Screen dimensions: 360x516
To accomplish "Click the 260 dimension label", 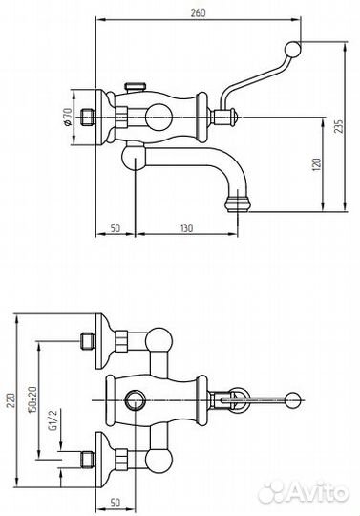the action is click(198, 12).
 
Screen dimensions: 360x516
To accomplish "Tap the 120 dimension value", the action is click(317, 164).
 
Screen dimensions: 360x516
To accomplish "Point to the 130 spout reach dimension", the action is click(186, 227).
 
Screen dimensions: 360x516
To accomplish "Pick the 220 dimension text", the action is click(11, 399).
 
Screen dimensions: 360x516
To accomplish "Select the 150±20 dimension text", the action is click(32, 399).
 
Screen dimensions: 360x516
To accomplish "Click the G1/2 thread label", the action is click(53, 420).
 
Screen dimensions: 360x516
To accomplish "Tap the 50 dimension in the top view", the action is click(116, 227).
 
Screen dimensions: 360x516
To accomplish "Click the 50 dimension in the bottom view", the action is click(116, 503).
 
